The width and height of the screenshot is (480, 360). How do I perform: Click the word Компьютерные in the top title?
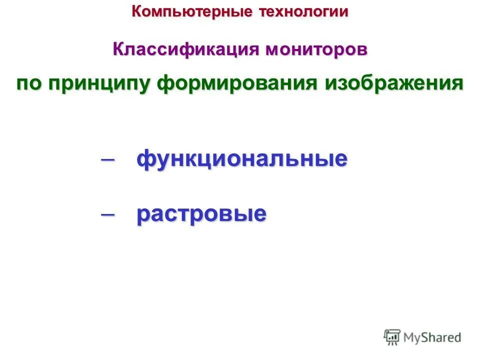192,11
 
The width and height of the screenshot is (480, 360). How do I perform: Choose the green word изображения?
394,83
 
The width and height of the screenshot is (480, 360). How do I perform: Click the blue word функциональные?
242,159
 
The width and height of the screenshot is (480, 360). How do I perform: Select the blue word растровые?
201,214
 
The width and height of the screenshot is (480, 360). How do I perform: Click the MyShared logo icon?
392,337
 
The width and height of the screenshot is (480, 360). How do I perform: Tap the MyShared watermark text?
432,337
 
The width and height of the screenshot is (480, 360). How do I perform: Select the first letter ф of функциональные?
145,159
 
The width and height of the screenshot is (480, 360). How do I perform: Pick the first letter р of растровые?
142,215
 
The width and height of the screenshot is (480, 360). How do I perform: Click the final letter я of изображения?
457,83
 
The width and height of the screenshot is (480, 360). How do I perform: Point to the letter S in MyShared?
425,337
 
